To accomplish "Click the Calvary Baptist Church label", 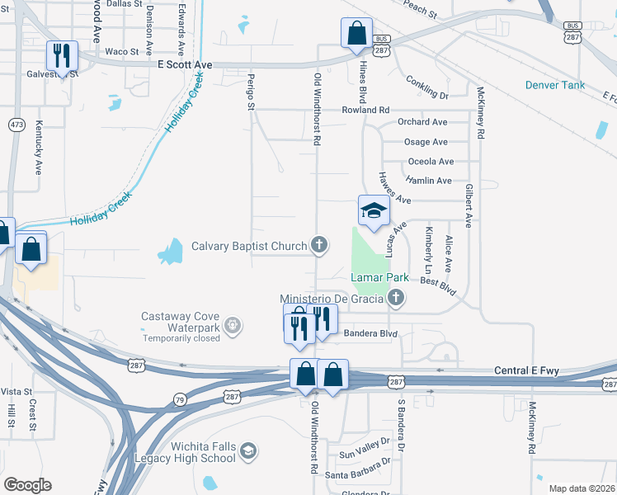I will point(248,245).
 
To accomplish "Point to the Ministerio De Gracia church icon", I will point(396,298).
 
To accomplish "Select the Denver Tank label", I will point(554,85).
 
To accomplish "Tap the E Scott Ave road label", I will point(185,64).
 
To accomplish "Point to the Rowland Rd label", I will point(366,110).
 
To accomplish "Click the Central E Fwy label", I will point(526,371).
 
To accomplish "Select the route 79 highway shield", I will point(179,400).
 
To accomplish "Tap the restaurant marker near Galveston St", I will point(61,56).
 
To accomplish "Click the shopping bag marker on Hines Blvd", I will point(356,35).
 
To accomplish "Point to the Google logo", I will point(27,485).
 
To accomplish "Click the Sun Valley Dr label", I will point(364,455).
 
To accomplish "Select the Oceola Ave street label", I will point(431,162).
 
